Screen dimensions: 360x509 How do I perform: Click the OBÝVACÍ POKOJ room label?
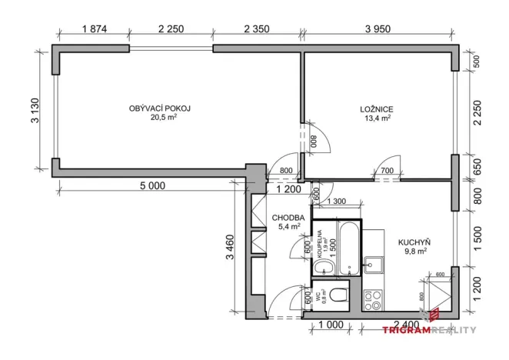(159, 108)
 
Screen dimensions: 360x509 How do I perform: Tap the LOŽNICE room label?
(376, 108)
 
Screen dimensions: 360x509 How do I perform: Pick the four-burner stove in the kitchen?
(374, 298)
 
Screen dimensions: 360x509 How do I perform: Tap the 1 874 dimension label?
(92, 30)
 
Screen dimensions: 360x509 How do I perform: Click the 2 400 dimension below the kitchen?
(407, 325)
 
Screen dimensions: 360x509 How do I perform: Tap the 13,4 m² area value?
(376, 118)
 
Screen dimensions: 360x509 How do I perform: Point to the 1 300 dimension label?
(337, 202)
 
